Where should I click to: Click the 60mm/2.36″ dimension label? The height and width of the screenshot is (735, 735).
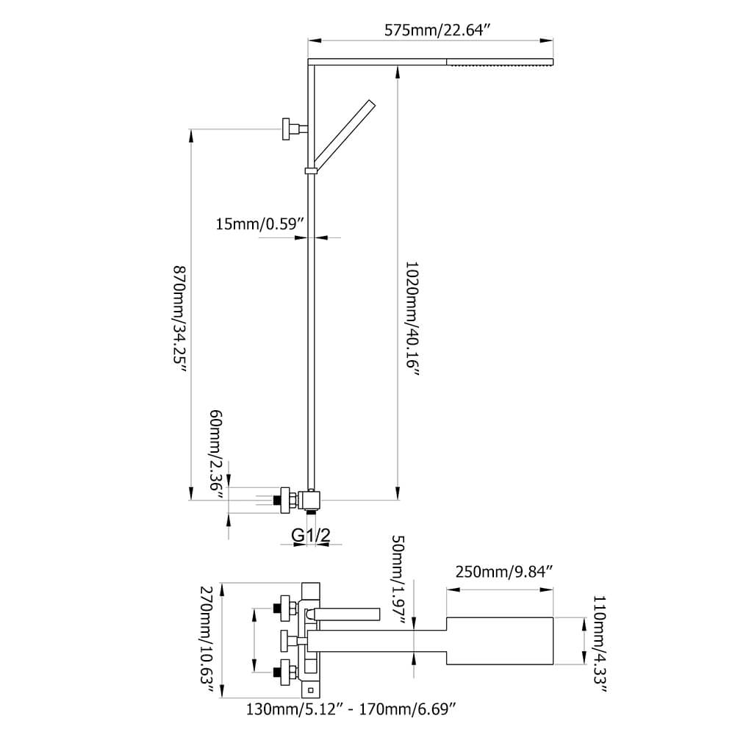click(x=215, y=454)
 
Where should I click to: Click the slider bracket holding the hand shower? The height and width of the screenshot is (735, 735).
click(x=311, y=171)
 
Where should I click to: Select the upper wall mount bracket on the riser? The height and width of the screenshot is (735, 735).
click(x=292, y=129)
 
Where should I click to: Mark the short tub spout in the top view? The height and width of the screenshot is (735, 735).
click(x=345, y=612)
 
